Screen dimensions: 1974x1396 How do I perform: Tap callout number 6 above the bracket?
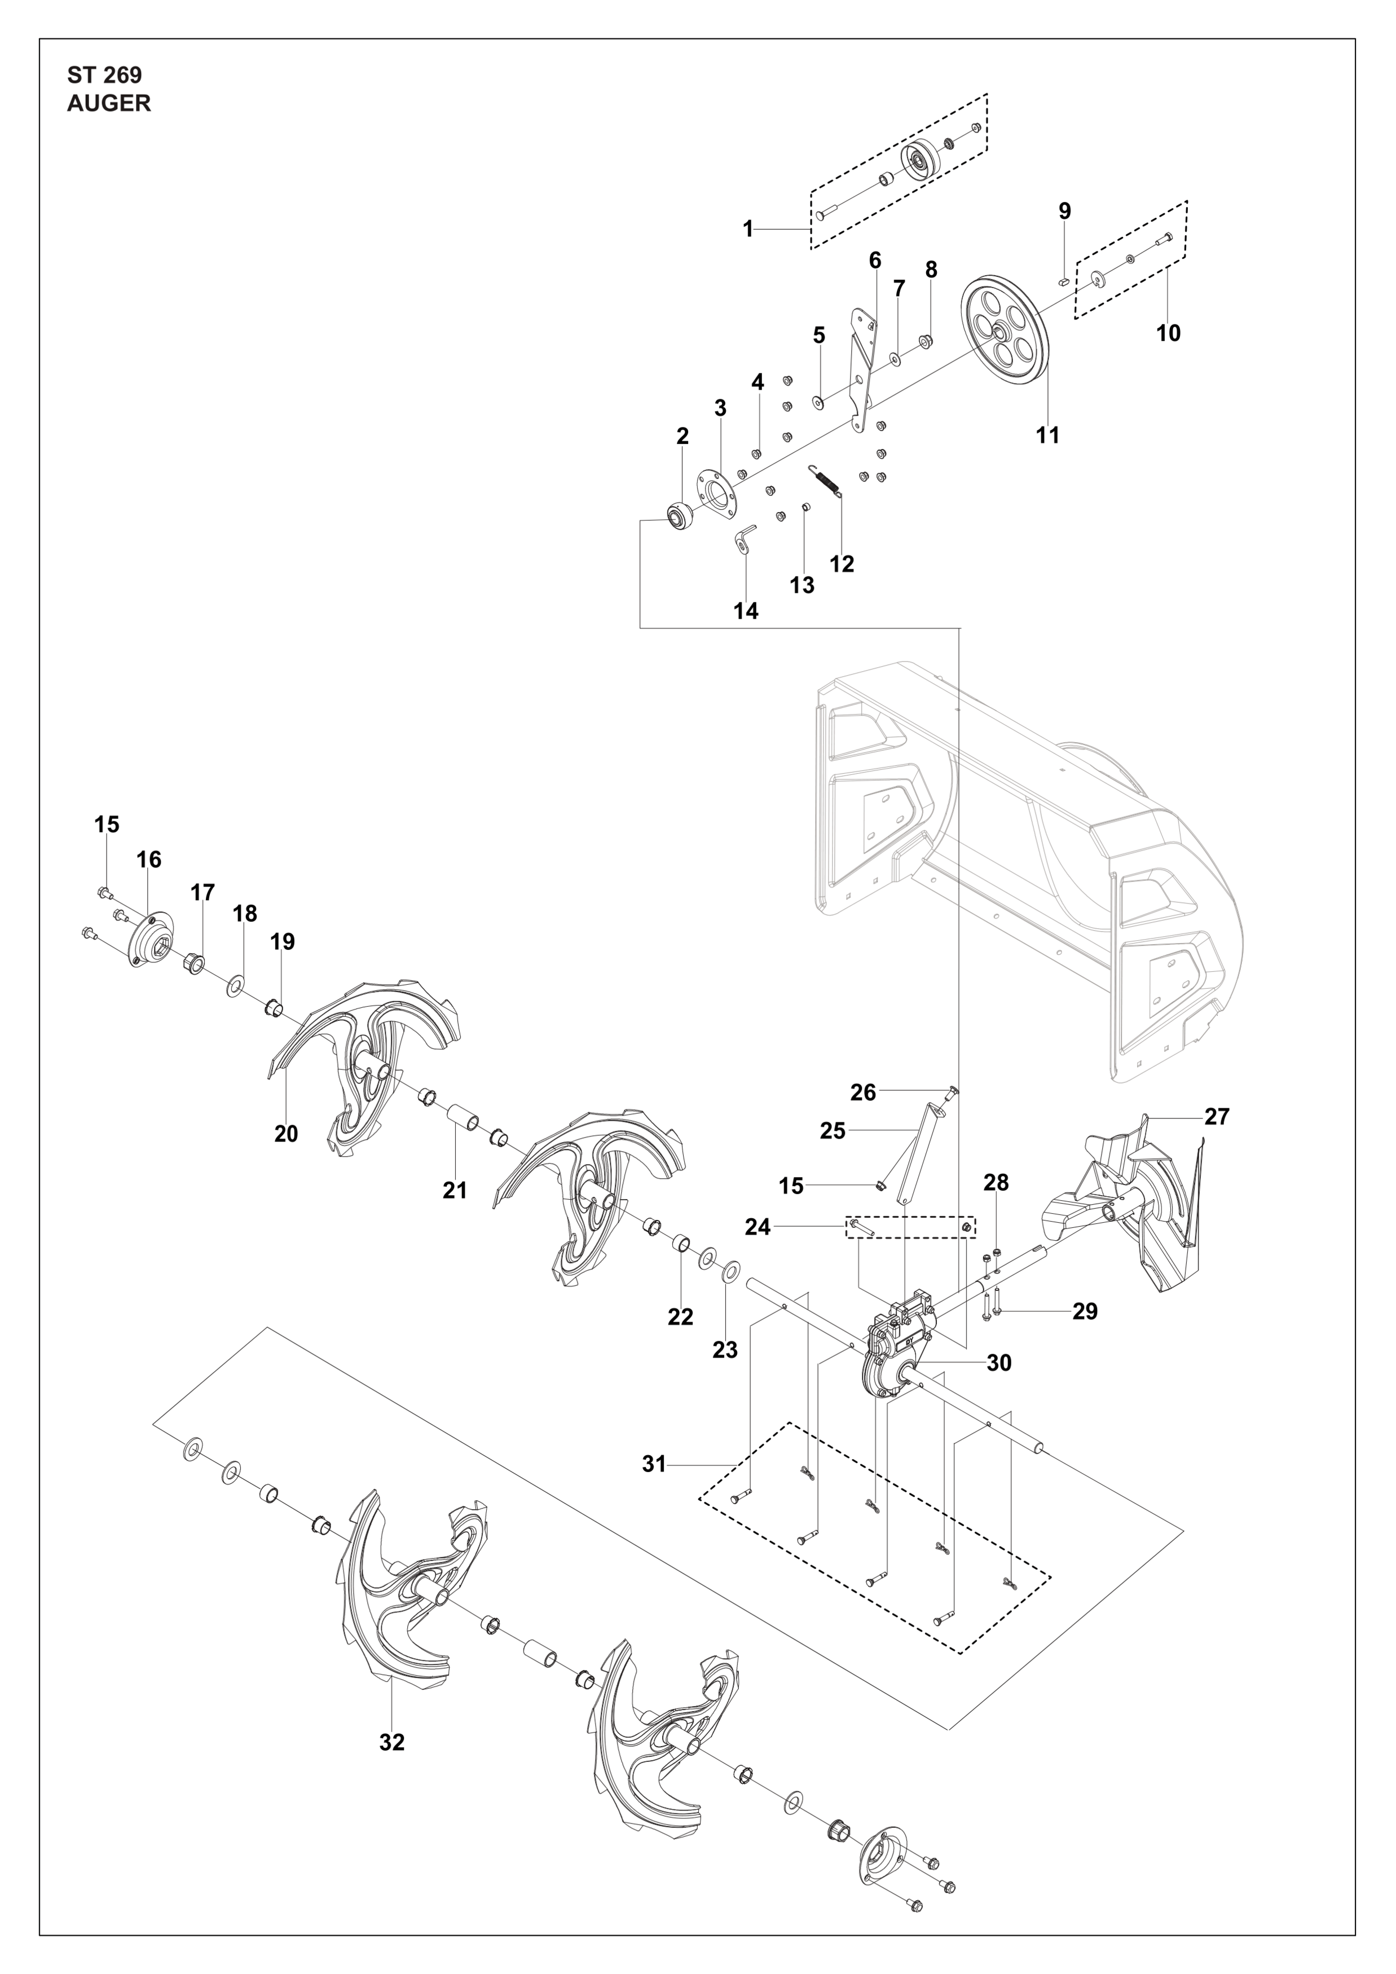click(875, 259)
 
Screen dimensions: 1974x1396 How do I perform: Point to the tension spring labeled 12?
click(827, 479)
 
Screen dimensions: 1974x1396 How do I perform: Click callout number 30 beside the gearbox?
click(999, 1363)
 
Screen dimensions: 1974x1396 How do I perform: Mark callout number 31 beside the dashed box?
click(654, 1464)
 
